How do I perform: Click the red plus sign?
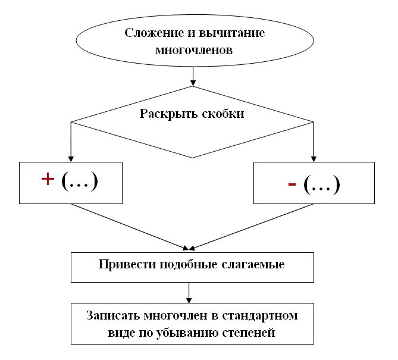[47, 181]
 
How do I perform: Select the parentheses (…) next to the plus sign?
[79, 181]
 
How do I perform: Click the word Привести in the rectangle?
[124, 264]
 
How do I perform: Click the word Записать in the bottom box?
[111, 315]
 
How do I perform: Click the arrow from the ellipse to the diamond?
[193, 76]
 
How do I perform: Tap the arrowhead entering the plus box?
[71, 158]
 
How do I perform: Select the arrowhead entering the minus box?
[313, 158]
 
